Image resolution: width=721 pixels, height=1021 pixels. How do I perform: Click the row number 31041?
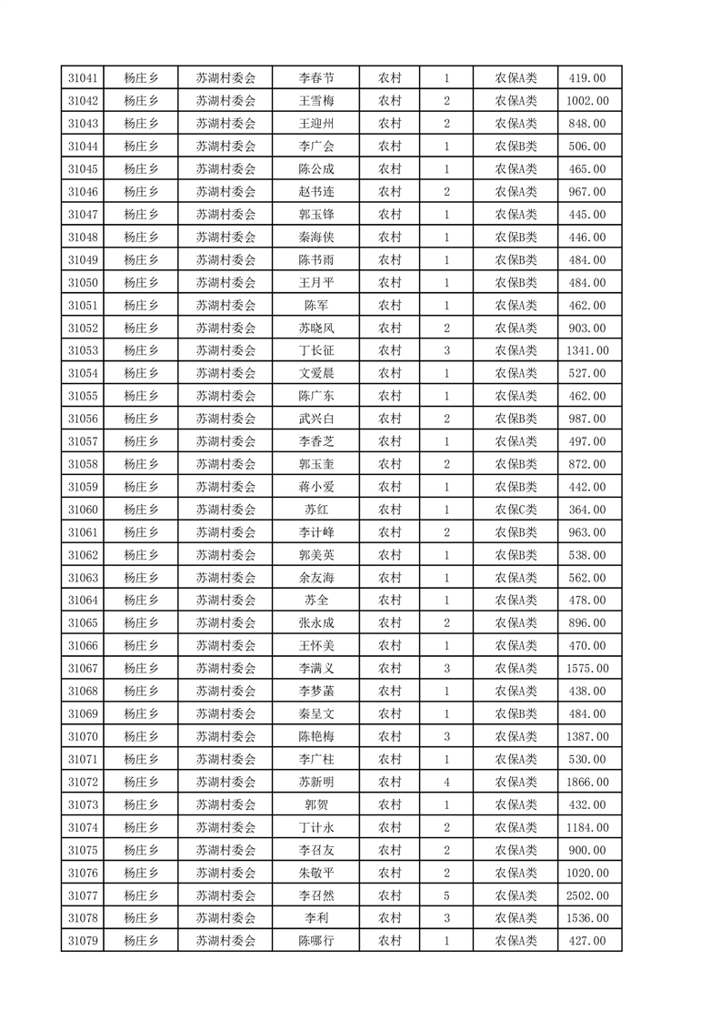pyautogui.click(x=83, y=78)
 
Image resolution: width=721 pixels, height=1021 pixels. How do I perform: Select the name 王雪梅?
pyautogui.click(x=316, y=101)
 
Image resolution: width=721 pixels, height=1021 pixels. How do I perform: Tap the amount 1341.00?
pyautogui.click(x=587, y=350)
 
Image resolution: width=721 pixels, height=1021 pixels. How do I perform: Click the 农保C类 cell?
pyautogui.click(x=516, y=510)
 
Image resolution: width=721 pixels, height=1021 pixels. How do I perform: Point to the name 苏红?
pyautogui.click(x=316, y=510)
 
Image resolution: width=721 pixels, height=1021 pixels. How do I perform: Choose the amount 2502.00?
pyautogui.click(x=587, y=895)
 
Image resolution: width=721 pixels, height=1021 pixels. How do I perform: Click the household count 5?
pyautogui.click(x=446, y=895)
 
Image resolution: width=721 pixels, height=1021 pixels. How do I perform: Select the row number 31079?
pyautogui.click(x=83, y=941)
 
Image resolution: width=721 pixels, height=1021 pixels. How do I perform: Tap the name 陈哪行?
pyautogui.click(x=316, y=941)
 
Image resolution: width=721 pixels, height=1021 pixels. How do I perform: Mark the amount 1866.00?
pyautogui.click(x=587, y=782)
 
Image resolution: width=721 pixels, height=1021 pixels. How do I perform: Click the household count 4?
pyautogui.click(x=446, y=782)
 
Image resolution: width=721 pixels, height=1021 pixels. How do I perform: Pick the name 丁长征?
pyautogui.click(x=316, y=350)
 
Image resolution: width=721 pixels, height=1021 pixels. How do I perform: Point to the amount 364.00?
pyautogui.click(x=587, y=510)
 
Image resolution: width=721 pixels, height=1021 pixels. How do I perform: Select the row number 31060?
pyautogui.click(x=83, y=510)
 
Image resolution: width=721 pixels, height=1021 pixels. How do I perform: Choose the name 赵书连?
pyautogui.click(x=316, y=191)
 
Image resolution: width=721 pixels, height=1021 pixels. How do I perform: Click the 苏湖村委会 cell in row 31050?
pyautogui.click(x=226, y=282)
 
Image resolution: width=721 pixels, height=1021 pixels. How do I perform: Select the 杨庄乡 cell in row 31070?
pyautogui.click(x=141, y=736)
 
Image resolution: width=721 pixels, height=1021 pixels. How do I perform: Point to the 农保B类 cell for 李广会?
pyautogui.click(x=516, y=147)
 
